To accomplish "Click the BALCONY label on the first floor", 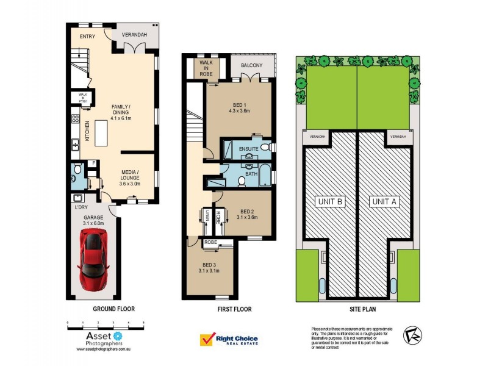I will (251, 65).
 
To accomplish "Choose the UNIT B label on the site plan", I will (330, 201).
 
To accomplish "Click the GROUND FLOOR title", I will (113, 309).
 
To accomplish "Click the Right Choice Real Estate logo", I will (229, 340).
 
